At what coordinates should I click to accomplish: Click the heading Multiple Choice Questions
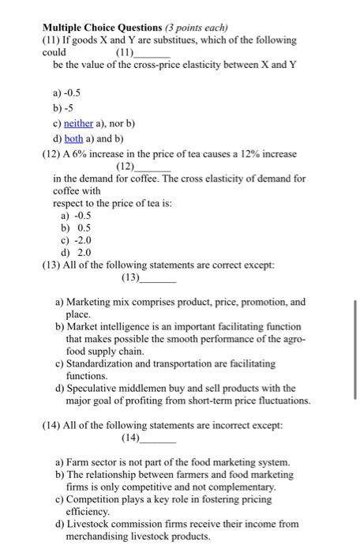tap(99, 25)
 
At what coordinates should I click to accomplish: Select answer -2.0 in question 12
tap(81, 239)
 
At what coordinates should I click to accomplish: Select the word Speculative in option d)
tap(99, 389)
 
